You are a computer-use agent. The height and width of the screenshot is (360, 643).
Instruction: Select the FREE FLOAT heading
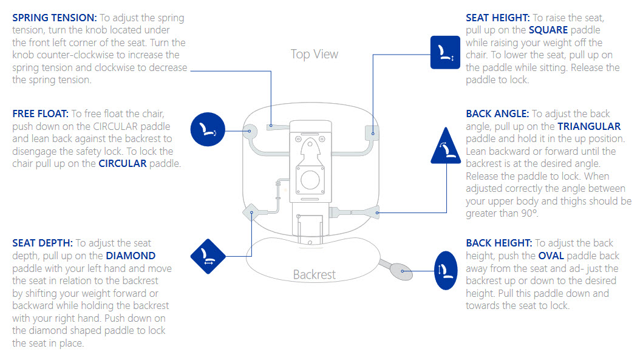(x=40, y=114)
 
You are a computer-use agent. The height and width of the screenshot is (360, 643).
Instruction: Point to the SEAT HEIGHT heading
(x=497, y=18)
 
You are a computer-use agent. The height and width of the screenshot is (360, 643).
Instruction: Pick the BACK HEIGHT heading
(x=499, y=243)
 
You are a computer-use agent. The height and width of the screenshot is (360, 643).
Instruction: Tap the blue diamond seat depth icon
(x=208, y=257)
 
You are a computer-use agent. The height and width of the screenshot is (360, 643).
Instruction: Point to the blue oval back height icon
(x=446, y=267)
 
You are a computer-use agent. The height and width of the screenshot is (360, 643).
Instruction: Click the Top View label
(x=315, y=55)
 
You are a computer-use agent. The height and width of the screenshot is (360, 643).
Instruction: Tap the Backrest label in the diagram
(x=315, y=274)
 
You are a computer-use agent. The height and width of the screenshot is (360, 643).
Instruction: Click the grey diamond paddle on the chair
(x=251, y=212)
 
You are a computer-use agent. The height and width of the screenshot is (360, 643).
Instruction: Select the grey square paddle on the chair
(x=372, y=130)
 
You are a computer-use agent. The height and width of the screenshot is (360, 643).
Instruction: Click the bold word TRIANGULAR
(x=589, y=127)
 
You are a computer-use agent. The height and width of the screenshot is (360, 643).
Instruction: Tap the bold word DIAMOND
(x=131, y=256)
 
